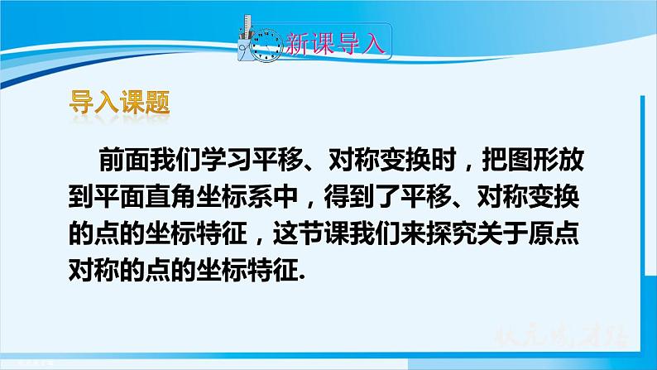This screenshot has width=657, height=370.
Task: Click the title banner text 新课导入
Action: point(337,43)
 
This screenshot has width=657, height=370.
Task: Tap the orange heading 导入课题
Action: point(117,104)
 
